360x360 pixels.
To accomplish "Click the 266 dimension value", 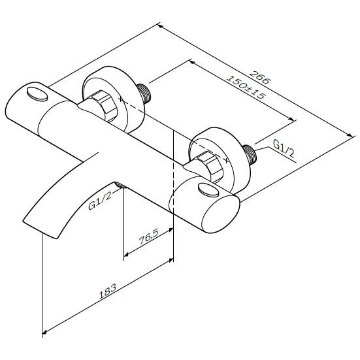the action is (x=260, y=77).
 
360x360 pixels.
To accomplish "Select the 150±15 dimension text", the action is (x=246, y=87).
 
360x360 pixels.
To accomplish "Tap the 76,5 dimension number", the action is (x=149, y=237).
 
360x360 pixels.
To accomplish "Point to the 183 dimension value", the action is (x=107, y=291).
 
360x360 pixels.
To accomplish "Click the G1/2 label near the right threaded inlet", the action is (x=284, y=148).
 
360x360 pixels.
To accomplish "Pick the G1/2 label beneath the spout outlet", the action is (x=100, y=201).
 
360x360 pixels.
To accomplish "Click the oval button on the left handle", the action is (x=37, y=94).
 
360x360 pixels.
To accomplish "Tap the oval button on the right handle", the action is (x=208, y=190).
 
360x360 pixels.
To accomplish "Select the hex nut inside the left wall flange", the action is (x=105, y=105).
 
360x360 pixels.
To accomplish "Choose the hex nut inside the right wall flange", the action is (x=210, y=166).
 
